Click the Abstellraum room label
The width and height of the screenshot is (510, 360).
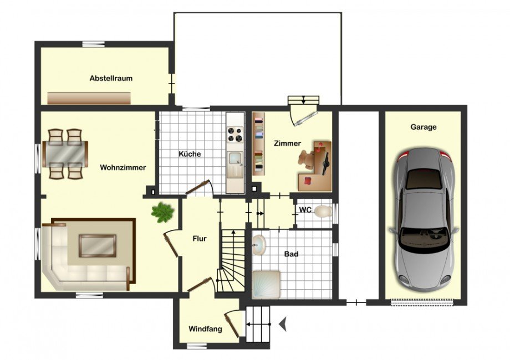(111, 78)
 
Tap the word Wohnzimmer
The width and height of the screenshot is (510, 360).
(123, 168)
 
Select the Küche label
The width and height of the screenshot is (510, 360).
(190, 153)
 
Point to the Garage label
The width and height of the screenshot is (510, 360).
(424, 127)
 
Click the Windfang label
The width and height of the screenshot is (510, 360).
(206, 329)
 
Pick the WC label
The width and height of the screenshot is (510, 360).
(305, 210)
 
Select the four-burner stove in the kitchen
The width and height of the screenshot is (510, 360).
(236, 135)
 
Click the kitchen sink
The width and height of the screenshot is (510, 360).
(236, 158)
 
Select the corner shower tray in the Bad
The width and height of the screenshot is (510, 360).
(267, 284)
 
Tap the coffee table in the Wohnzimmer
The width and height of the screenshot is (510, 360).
(98, 246)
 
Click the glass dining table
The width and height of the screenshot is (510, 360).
(65, 154)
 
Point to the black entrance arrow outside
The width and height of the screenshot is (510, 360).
(283, 324)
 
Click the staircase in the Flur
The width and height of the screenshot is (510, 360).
(232, 260)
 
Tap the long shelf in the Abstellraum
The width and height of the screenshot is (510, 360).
(89, 98)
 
